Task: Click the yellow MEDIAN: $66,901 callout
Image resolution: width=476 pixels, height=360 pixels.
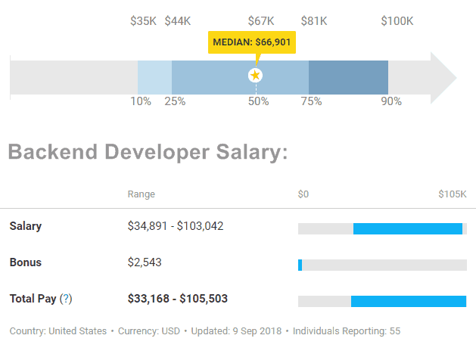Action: click(x=251, y=43)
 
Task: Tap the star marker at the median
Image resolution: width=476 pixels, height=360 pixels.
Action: click(x=256, y=75)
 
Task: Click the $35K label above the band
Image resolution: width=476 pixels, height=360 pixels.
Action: click(x=143, y=20)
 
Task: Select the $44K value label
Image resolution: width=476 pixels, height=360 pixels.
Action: click(x=178, y=20)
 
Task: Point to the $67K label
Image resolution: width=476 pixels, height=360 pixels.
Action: click(x=261, y=20)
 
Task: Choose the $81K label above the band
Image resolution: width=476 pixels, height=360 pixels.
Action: click(x=314, y=20)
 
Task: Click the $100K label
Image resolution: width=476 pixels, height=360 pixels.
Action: click(x=397, y=20)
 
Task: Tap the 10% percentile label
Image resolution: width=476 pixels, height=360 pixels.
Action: click(x=141, y=101)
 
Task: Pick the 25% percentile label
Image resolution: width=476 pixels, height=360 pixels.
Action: click(x=175, y=101)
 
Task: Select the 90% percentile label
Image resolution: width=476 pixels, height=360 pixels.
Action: click(x=390, y=101)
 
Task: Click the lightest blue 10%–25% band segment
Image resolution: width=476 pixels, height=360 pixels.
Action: click(x=154, y=77)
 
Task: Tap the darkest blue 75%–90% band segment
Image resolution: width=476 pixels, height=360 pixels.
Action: click(x=348, y=77)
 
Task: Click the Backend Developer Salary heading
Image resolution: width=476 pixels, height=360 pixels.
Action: click(x=148, y=152)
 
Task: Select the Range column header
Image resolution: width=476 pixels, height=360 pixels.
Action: click(x=141, y=194)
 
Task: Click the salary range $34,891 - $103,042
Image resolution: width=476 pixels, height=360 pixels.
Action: click(x=176, y=225)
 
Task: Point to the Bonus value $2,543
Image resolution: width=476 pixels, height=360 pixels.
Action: click(x=145, y=262)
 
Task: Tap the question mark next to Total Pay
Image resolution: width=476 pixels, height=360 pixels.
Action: click(x=66, y=299)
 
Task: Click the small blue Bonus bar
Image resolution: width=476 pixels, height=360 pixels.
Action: click(x=300, y=265)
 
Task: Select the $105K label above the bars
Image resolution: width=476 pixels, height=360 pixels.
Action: click(x=453, y=194)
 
